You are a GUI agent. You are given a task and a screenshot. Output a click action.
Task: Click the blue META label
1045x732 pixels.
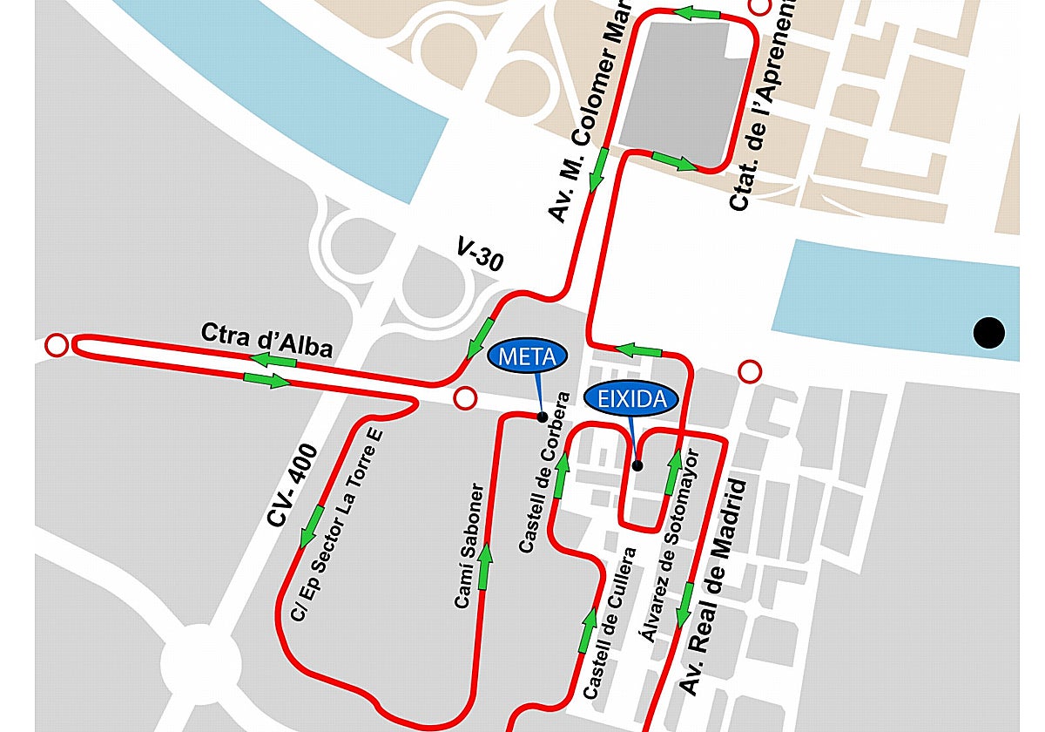click(x=528, y=355)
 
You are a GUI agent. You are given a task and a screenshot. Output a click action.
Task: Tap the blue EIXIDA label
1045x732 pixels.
click(x=630, y=399)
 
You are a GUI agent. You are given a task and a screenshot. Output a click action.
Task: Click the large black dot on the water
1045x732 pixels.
click(x=988, y=332)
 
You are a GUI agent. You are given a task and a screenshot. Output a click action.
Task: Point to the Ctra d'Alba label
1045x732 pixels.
click(x=266, y=340)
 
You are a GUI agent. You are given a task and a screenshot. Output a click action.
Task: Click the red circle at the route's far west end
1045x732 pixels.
click(x=57, y=346)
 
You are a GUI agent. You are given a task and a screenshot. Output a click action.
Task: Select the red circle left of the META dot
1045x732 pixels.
click(x=466, y=399)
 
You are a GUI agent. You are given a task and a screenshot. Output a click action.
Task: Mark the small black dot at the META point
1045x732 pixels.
click(x=543, y=417)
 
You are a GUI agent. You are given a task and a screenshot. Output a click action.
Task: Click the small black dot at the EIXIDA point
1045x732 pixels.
click(x=637, y=465)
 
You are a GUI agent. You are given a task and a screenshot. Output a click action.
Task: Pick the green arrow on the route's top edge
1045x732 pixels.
click(x=698, y=14)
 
